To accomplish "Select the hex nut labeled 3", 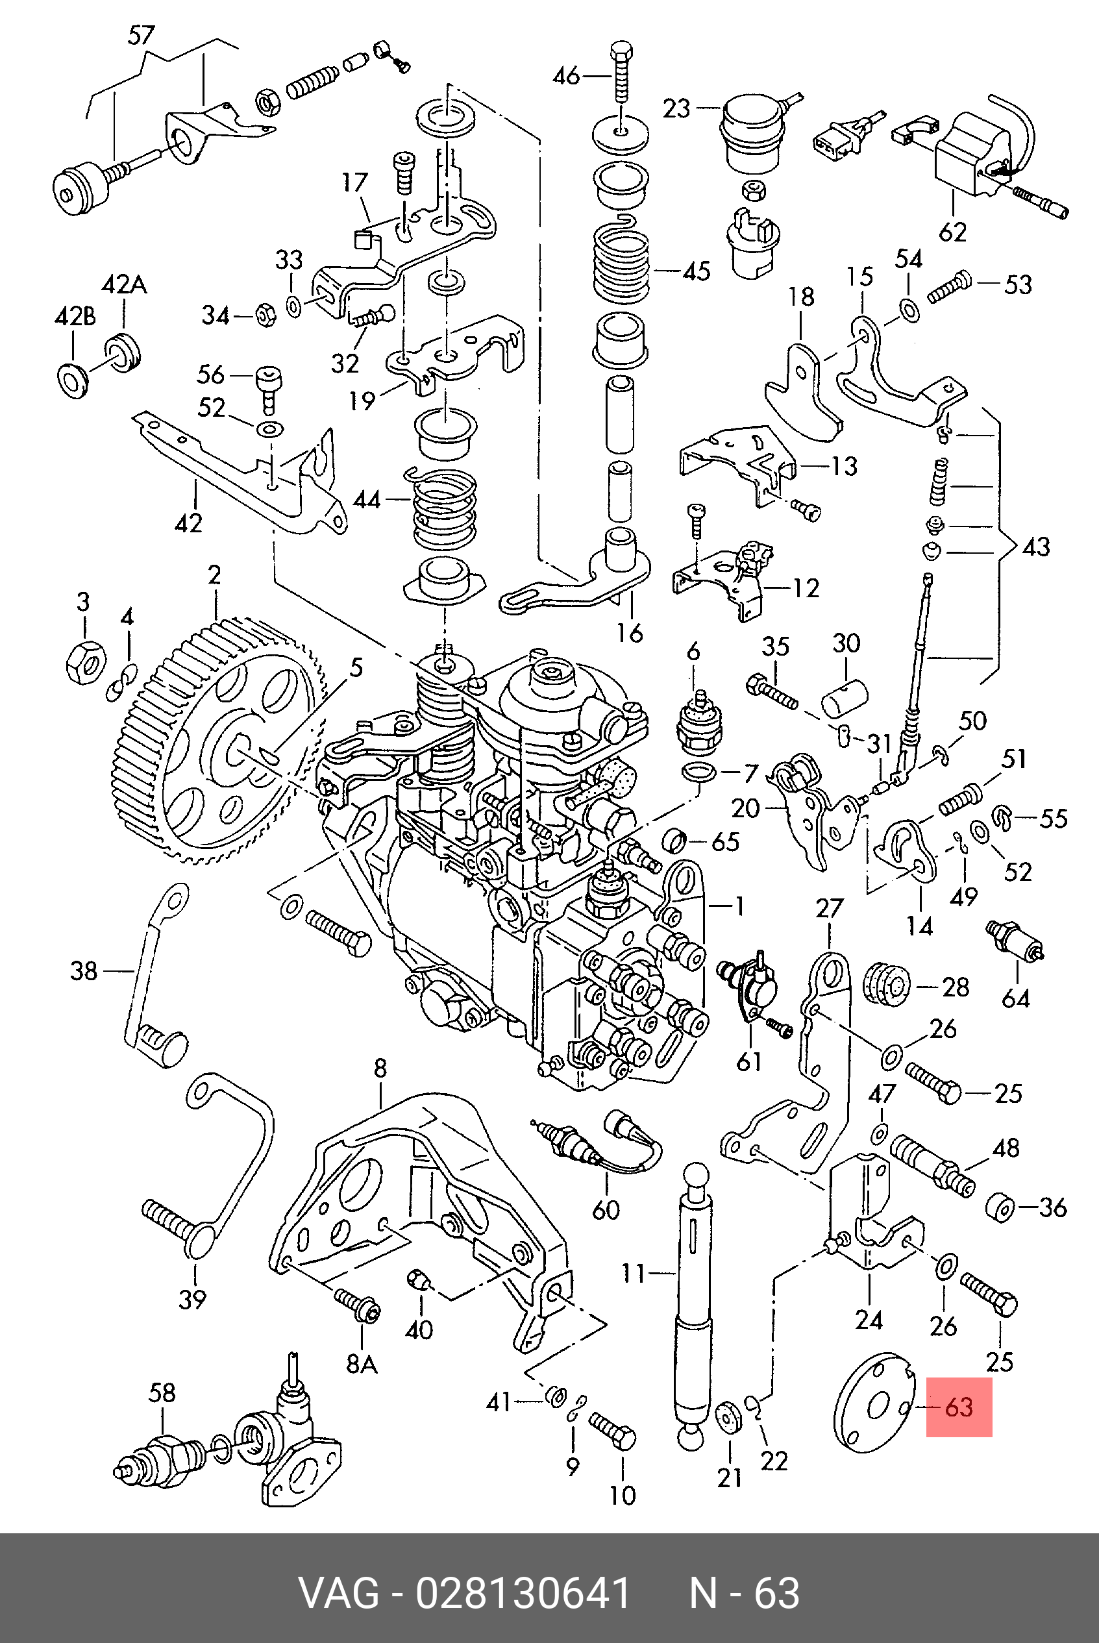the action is point(86,660).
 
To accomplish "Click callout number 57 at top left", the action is point(142,35).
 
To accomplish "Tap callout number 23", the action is point(677,108).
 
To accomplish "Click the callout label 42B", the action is point(75,316).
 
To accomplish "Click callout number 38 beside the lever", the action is point(83,970).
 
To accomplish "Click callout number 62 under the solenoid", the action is point(952,231).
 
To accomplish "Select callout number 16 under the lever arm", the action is point(630,633).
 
